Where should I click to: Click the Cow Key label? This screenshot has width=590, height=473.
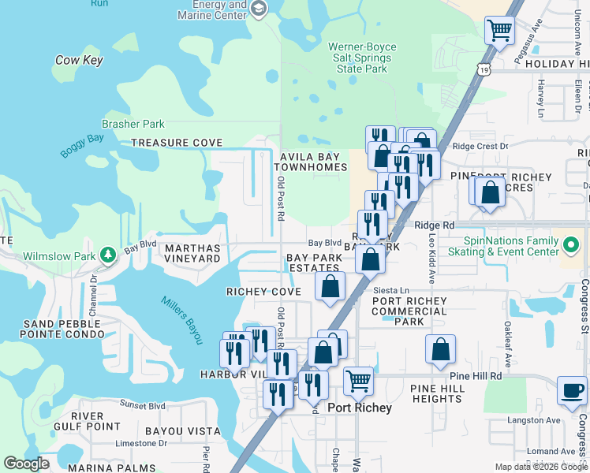(x=79, y=60)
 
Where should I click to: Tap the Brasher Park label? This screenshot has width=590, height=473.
(x=133, y=124)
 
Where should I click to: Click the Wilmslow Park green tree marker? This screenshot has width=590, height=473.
(x=108, y=255)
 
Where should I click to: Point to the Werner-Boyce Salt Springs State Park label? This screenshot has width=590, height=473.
(x=363, y=58)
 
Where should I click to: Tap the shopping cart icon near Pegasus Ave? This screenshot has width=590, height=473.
(x=499, y=32)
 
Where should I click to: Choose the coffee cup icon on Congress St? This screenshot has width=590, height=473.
(x=572, y=390)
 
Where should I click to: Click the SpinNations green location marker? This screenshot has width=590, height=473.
(x=573, y=244)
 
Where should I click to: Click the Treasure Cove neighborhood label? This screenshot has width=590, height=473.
(x=177, y=143)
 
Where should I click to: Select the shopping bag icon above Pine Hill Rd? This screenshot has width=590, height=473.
(x=440, y=349)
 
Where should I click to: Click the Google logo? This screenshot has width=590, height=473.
(x=27, y=464)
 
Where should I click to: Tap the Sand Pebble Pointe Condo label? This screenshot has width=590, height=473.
(x=64, y=330)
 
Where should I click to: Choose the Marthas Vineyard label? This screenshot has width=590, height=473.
(x=192, y=253)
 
